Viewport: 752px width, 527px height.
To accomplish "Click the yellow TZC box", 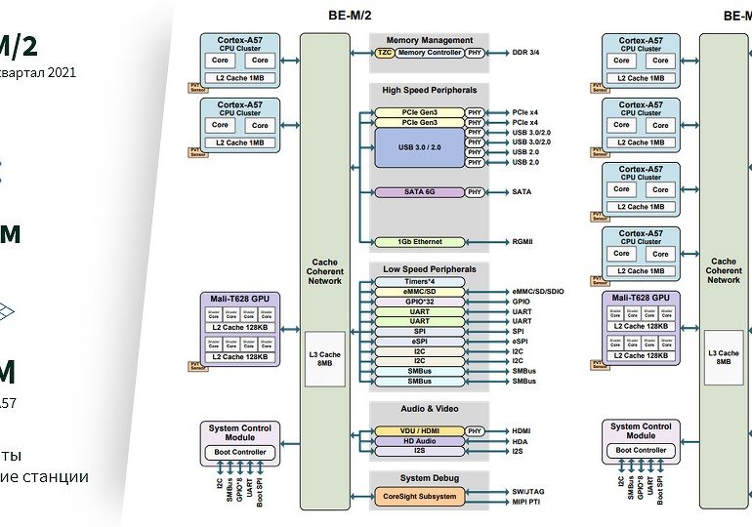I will tap(384, 53).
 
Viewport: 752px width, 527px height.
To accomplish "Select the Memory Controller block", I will tap(429, 53).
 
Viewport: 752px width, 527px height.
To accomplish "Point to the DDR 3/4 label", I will tap(525, 53).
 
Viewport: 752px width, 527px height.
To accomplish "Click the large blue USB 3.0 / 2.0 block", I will tap(419, 147).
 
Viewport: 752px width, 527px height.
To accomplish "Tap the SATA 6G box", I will tap(419, 192).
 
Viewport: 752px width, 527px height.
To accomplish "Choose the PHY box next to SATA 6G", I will tap(475, 192).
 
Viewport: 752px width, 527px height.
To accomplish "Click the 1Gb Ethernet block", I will tap(419, 242).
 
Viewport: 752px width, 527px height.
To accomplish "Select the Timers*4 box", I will tap(419, 281).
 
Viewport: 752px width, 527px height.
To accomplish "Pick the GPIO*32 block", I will tap(419, 302).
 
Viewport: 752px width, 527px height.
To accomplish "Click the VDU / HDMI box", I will tap(419, 431).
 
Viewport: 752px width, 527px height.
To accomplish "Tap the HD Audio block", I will tap(419, 441).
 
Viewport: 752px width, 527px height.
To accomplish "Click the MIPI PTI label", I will tap(528, 502).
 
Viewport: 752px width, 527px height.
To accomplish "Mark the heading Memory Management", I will tap(429, 40).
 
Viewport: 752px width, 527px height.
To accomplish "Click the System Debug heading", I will tap(429, 477).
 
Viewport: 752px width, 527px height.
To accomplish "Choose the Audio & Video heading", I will tap(429, 408).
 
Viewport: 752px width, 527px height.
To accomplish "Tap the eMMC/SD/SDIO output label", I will tap(538, 292).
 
